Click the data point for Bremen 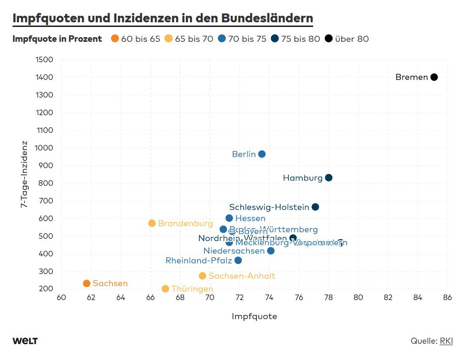coord(434,77)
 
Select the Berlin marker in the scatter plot coord(262,154)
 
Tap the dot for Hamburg coord(328,178)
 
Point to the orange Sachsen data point coord(86,283)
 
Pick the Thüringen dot coord(165,289)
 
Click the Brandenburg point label coord(185,223)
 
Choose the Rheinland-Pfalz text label coord(198,261)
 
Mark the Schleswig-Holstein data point coord(315,207)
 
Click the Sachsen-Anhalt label coord(242,276)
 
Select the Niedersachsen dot coord(271,251)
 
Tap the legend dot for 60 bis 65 coord(115,39)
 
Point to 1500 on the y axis coord(44,59)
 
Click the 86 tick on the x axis coord(447,298)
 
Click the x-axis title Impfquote coord(254,316)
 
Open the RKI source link coord(446,341)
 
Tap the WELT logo coord(25,341)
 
